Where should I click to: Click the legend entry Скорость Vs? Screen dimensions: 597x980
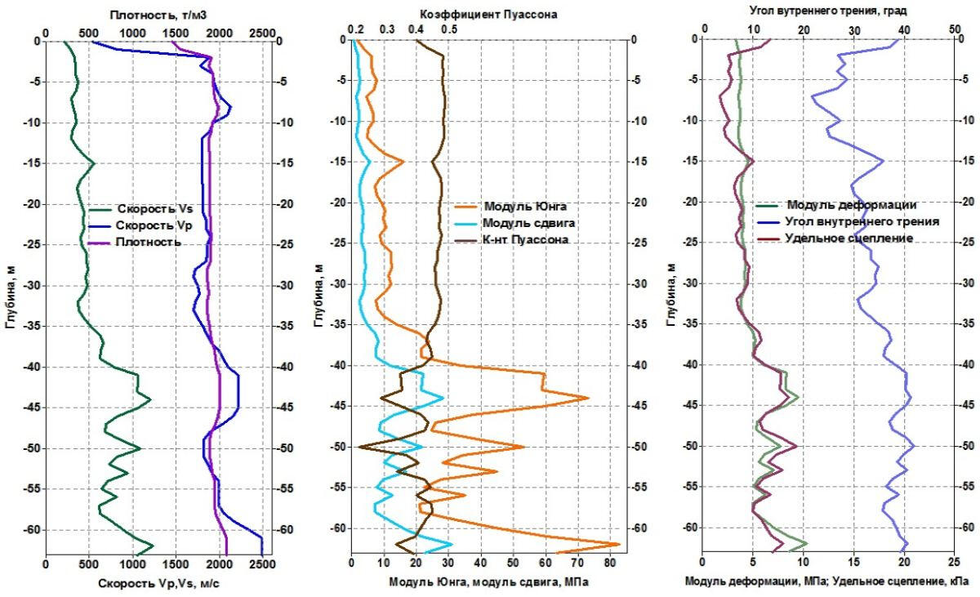coord(154,208)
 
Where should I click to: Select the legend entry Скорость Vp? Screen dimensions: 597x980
coord(154,225)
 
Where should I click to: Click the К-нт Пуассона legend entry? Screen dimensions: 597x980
coord(525,239)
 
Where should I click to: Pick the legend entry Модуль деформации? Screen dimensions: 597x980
coord(851,204)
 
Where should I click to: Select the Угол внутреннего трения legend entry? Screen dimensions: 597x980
coord(862,221)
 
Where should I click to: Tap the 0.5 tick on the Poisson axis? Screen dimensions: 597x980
coord(448,29)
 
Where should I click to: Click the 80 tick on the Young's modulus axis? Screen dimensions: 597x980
coord(609,563)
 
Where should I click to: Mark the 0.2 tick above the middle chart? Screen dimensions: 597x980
coord(356,29)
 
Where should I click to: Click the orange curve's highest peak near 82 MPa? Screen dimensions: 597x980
coord(619,544)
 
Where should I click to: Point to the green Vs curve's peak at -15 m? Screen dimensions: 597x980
coord(95,163)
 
